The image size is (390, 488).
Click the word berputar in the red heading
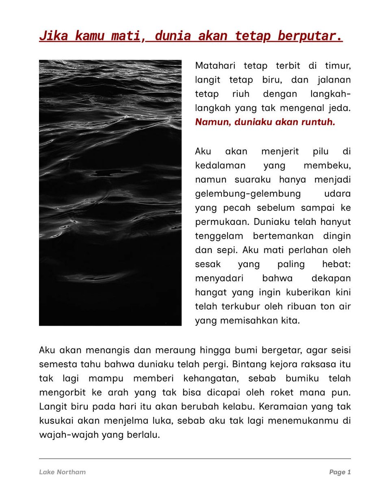coord(310,36)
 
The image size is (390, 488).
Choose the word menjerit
coord(279,151)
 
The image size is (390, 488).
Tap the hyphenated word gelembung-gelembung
coord(248,194)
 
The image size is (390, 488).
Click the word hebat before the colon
coord(336,264)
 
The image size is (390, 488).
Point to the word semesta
coord(55,364)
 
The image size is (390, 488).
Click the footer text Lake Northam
coord(63,472)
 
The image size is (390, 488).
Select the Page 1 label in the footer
coord(340,472)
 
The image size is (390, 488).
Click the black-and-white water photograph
coord(110,193)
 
